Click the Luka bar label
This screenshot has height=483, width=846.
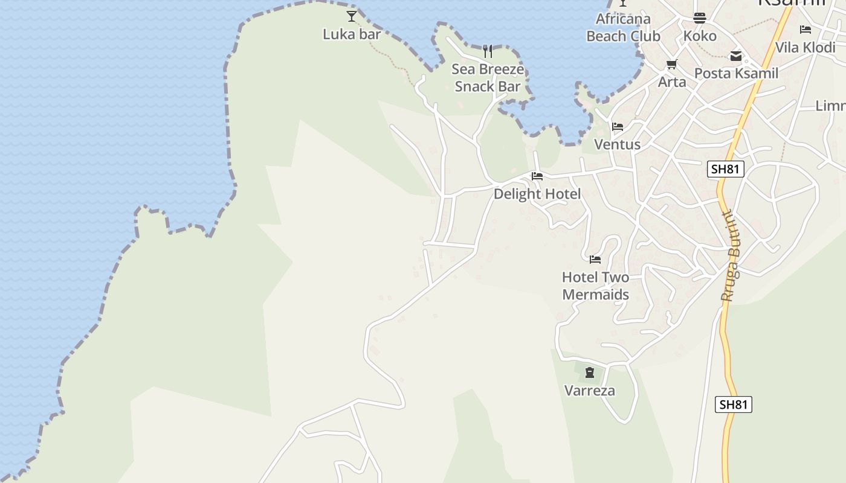pos(352,34)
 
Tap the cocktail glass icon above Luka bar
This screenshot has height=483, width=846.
pos(352,16)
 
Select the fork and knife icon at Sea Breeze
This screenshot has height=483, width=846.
pos(488,51)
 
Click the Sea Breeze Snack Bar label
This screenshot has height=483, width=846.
pos(488,78)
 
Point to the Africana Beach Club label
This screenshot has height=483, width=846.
pos(623,28)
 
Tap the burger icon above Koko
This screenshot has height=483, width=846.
pos(700,18)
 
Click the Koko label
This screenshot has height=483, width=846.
pos(700,36)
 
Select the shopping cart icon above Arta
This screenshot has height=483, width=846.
pos(671,64)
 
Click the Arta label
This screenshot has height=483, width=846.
pos(672,82)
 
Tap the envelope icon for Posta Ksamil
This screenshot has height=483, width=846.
pos(736,56)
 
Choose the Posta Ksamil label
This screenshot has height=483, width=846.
pos(736,74)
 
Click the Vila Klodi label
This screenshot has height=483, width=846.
pos(805,48)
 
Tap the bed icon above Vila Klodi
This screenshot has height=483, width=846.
pos(805,30)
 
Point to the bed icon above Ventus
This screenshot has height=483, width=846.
pos(618,127)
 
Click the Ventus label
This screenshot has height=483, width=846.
pos(618,145)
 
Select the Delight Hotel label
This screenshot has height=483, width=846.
pos(537,194)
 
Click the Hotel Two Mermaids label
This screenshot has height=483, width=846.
pos(596,286)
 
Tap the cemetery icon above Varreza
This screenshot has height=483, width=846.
pos(590,373)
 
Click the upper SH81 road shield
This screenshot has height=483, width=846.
pos(725,169)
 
